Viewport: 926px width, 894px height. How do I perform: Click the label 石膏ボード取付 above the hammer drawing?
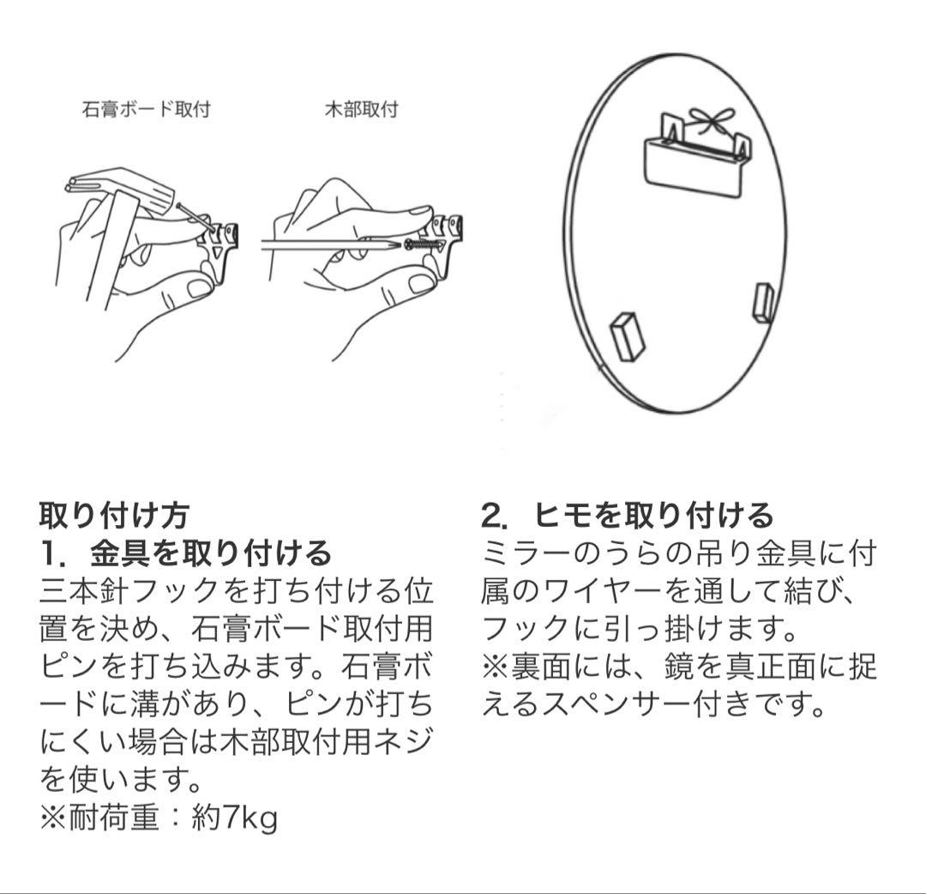(146, 110)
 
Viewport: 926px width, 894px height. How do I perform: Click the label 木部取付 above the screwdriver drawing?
(361, 110)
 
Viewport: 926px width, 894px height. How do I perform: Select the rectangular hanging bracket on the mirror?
(692, 166)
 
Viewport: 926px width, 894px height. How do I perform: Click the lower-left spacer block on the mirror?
(627, 334)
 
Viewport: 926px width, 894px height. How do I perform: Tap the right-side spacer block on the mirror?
(762, 302)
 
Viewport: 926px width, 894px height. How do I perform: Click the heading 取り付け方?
(114, 515)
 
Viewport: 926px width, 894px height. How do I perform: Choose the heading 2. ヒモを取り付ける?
(627, 515)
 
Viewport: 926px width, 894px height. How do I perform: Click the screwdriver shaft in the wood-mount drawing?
(330, 245)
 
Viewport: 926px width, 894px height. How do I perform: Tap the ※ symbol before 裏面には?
(496, 667)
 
